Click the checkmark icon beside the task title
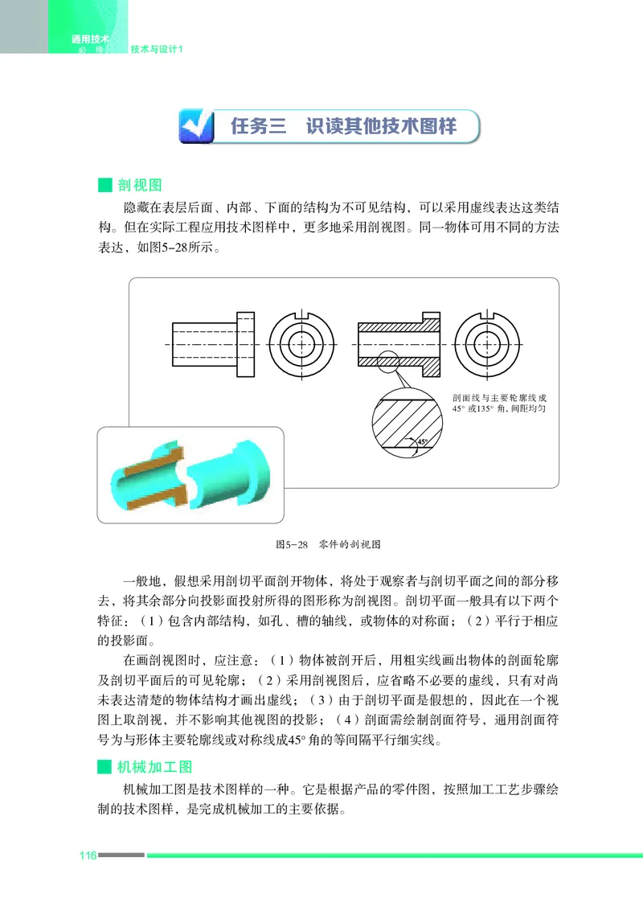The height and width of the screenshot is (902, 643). (x=195, y=126)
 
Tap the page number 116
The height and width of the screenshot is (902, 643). (x=87, y=855)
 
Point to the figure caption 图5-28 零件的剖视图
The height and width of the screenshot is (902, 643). (x=328, y=544)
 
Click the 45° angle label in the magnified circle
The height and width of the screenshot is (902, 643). (x=423, y=441)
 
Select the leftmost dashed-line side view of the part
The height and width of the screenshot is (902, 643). (x=214, y=344)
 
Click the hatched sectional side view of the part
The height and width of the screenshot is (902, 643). (x=399, y=344)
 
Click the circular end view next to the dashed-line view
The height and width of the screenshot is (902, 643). (x=301, y=344)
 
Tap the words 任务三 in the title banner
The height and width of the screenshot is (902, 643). (x=258, y=126)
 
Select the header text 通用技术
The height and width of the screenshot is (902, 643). (x=90, y=39)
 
